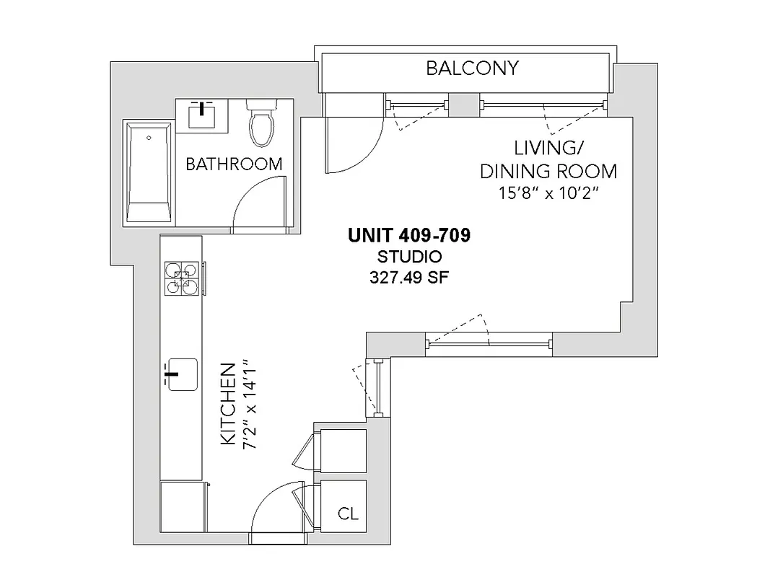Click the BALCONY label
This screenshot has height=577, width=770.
pyautogui.click(x=472, y=69)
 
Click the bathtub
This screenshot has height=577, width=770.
pyautogui.click(x=149, y=173)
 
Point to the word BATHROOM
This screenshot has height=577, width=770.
pyautogui.click(x=234, y=164)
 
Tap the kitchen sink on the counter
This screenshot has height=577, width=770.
pyautogui.click(x=182, y=374)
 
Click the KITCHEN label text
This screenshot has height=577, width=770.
pyautogui.click(x=228, y=405)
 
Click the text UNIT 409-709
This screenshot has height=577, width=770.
pyautogui.click(x=409, y=236)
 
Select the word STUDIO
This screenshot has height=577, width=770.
pyautogui.click(x=410, y=256)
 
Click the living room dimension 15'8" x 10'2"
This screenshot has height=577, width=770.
pyautogui.click(x=548, y=194)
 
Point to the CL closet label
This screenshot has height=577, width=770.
pyautogui.click(x=348, y=515)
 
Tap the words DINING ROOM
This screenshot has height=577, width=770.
pyautogui.click(x=548, y=172)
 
